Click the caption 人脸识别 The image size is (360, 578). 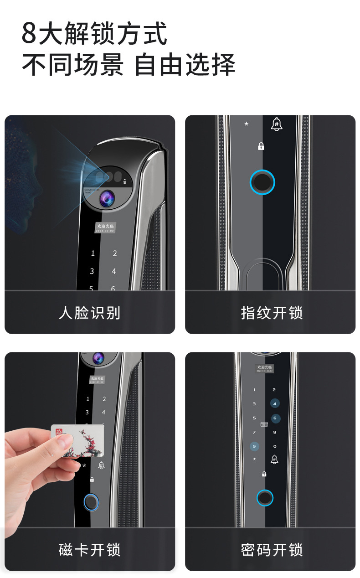(89, 313)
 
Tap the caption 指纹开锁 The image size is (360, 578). (272, 313)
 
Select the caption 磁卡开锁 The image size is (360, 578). (89, 550)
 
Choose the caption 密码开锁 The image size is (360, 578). (272, 550)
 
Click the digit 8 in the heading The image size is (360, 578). (29, 34)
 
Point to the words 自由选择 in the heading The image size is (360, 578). (185, 64)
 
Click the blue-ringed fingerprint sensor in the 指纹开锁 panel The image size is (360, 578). (262, 182)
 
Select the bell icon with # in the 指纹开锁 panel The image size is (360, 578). (277, 124)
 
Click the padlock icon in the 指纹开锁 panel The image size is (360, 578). (261, 146)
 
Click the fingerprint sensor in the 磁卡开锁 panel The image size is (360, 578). (91, 503)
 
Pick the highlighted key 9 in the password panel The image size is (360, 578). (254, 446)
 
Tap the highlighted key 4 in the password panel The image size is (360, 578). (274, 403)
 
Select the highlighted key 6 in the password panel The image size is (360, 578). (274, 418)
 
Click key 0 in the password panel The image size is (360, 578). (274, 446)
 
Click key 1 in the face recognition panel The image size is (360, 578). (93, 253)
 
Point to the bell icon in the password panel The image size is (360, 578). (274, 459)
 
